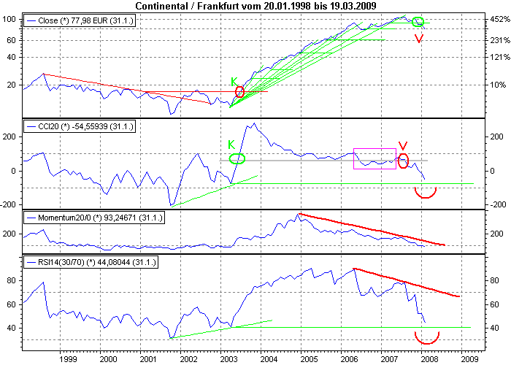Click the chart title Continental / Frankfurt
[255, 6]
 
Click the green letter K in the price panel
[234, 81]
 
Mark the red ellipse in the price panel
[240, 92]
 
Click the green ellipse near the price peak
[418, 22]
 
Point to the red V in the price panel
[418, 39]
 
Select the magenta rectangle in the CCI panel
[374, 158]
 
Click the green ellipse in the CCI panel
[237, 158]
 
